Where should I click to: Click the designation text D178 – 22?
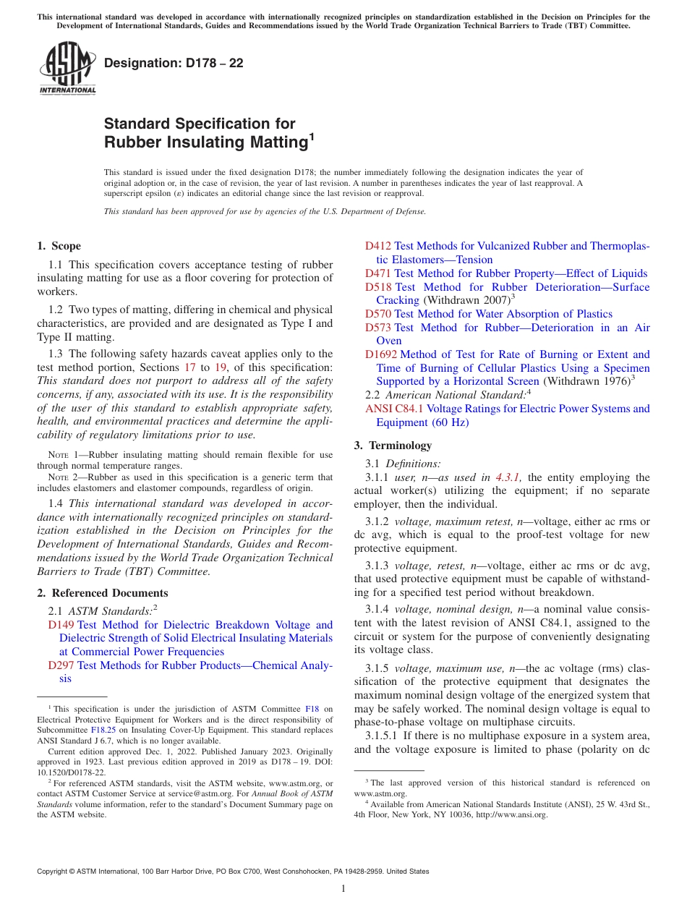click(x=174, y=64)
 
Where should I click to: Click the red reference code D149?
click(x=61, y=625)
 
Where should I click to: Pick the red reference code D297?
click(x=61, y=665)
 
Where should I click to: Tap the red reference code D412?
click(x=378, y=247)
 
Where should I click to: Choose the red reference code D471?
click(x=378, y=273)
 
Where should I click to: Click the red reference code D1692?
click(x=381, y=354)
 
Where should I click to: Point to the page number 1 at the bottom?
click(x=343, y=889)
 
